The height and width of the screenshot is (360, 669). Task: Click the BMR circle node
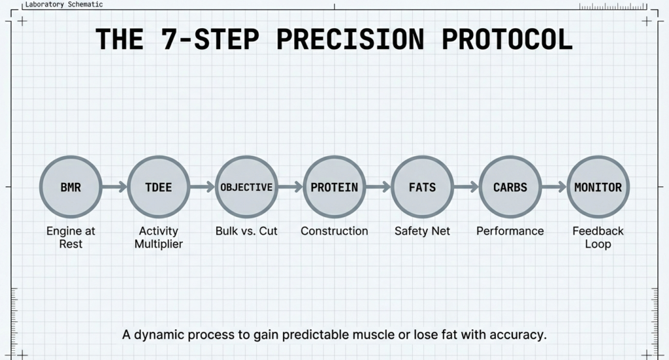click(71, 187)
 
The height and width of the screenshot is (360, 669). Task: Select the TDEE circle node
click(158, 187)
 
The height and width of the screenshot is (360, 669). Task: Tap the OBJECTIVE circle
click(246, 187)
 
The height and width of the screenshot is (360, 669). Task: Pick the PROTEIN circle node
click(334, 187)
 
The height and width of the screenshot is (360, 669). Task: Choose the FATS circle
click(422, 187)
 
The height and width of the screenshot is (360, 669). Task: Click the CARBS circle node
click(510, 187)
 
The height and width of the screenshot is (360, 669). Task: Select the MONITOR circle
click(598, 187)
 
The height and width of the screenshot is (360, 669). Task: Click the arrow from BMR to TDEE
click(114, 188)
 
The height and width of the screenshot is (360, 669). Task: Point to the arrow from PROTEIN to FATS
click(378, 188)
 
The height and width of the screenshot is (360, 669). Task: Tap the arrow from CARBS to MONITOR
click(553, 188)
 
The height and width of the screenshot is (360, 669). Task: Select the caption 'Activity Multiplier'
click(158, 237)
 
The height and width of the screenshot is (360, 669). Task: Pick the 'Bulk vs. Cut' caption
click(246, 231)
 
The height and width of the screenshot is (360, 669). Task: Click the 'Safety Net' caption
click(422, 231)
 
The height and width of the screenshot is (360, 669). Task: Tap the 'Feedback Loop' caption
click(598, 237)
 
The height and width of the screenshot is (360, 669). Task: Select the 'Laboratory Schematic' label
click(64, 5)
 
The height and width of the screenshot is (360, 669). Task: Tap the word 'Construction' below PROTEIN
click(334, 231)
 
